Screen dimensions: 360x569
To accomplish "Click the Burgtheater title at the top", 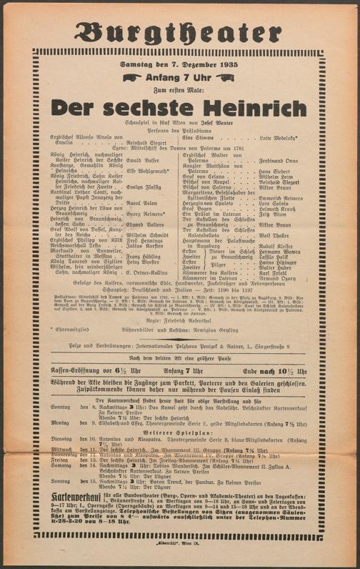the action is [179, 33].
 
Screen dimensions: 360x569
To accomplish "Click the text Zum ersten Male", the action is [179, 89].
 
